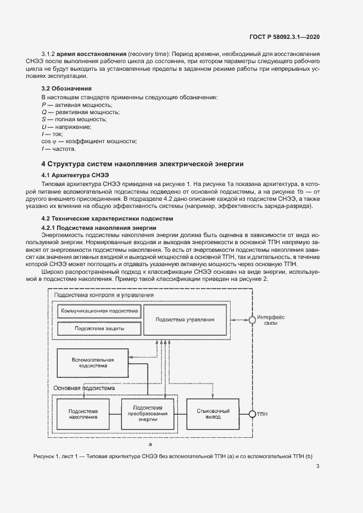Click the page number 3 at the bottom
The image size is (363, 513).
point(318,467)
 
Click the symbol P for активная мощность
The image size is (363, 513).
point(44,104)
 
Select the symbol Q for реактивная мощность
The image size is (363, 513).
point(44,112)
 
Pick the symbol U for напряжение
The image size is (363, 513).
point(44,127)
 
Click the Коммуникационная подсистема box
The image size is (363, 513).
point(99,311)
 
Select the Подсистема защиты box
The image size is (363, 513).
point(99,328)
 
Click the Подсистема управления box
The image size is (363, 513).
point(185,319)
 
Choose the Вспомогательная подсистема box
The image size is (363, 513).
point(92,363)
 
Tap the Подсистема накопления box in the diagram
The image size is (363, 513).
point(83,414)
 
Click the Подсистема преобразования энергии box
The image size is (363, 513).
point(148,414)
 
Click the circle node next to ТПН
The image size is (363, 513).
point(252,414)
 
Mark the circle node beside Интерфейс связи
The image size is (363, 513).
point(252,319)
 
